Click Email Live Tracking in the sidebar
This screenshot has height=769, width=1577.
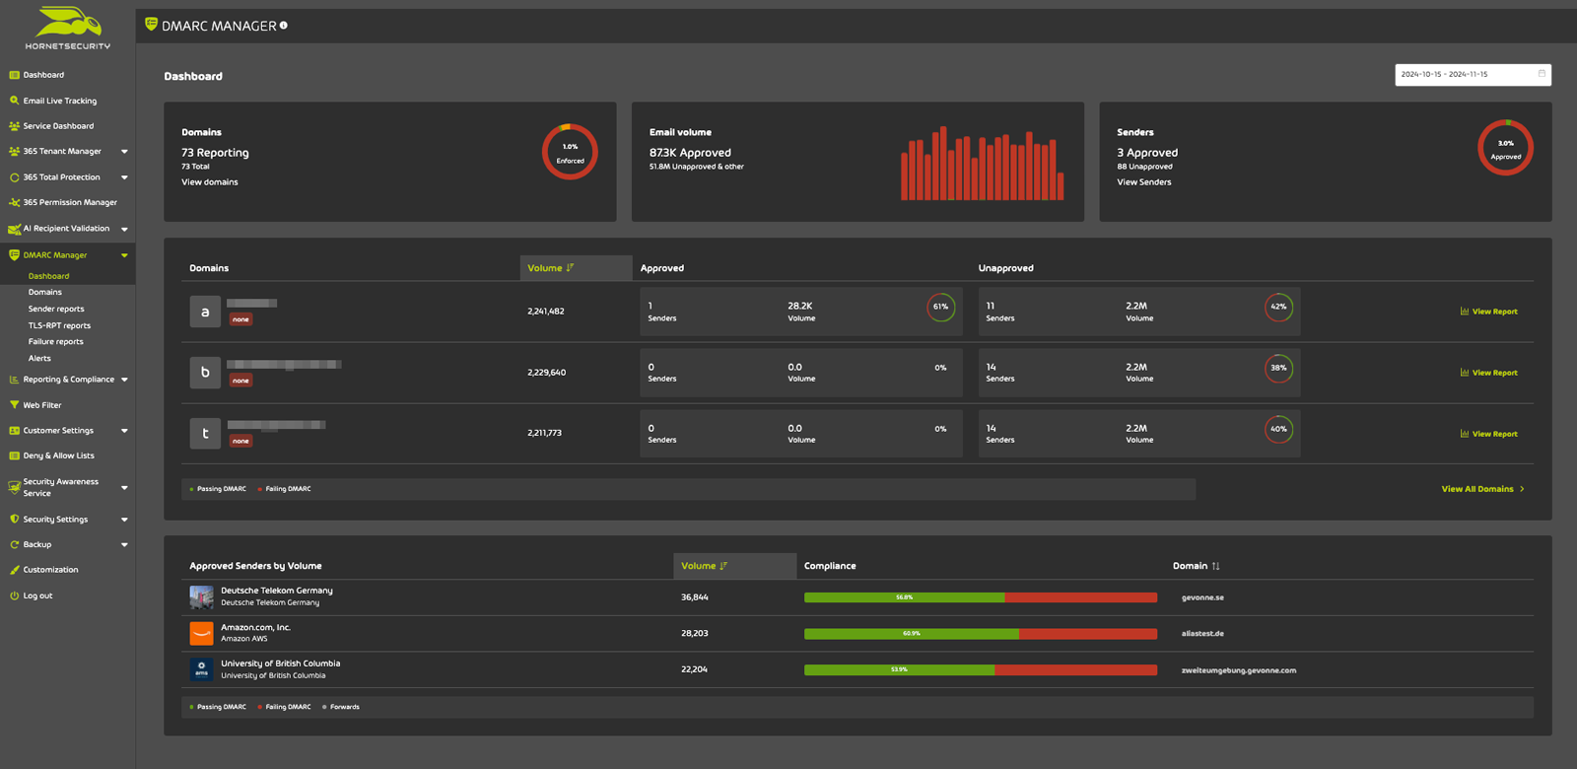[x=59, y=101]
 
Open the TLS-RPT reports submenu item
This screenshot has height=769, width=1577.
[x=59, y=325]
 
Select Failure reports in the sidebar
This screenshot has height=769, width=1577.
[x=55, y=342]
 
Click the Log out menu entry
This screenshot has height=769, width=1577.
[x=37, y=595]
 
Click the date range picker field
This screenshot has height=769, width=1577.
[x=1472, y=74]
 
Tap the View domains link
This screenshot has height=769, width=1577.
[x=209, y=182]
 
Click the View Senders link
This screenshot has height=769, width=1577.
[x=1143, y=182]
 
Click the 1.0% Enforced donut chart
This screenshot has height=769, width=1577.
[x=570, y=152]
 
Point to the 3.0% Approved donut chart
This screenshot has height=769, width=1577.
[x=1505, y=148]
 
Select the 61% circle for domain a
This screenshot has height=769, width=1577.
[x=940, y=307]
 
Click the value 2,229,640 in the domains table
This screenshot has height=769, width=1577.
[x=546, y=373]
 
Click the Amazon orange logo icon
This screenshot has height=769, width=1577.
[x=201, y=633]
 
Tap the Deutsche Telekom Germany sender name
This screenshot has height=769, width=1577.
[x=276, y=591]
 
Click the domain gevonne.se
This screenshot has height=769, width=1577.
[x=1202, y=597]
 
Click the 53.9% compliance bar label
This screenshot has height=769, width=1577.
[x=899, y=669]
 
